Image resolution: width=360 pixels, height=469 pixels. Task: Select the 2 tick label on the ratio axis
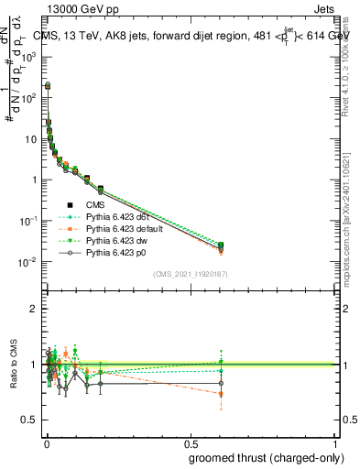click(31, 309)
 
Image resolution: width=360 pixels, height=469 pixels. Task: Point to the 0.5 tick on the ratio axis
click(27, 420)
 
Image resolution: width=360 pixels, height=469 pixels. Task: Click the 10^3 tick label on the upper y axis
click(27, 57)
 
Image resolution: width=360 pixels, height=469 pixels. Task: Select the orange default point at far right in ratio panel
click(221, 394)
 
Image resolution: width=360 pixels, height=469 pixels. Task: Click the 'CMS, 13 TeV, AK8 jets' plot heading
click(101, 36)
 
